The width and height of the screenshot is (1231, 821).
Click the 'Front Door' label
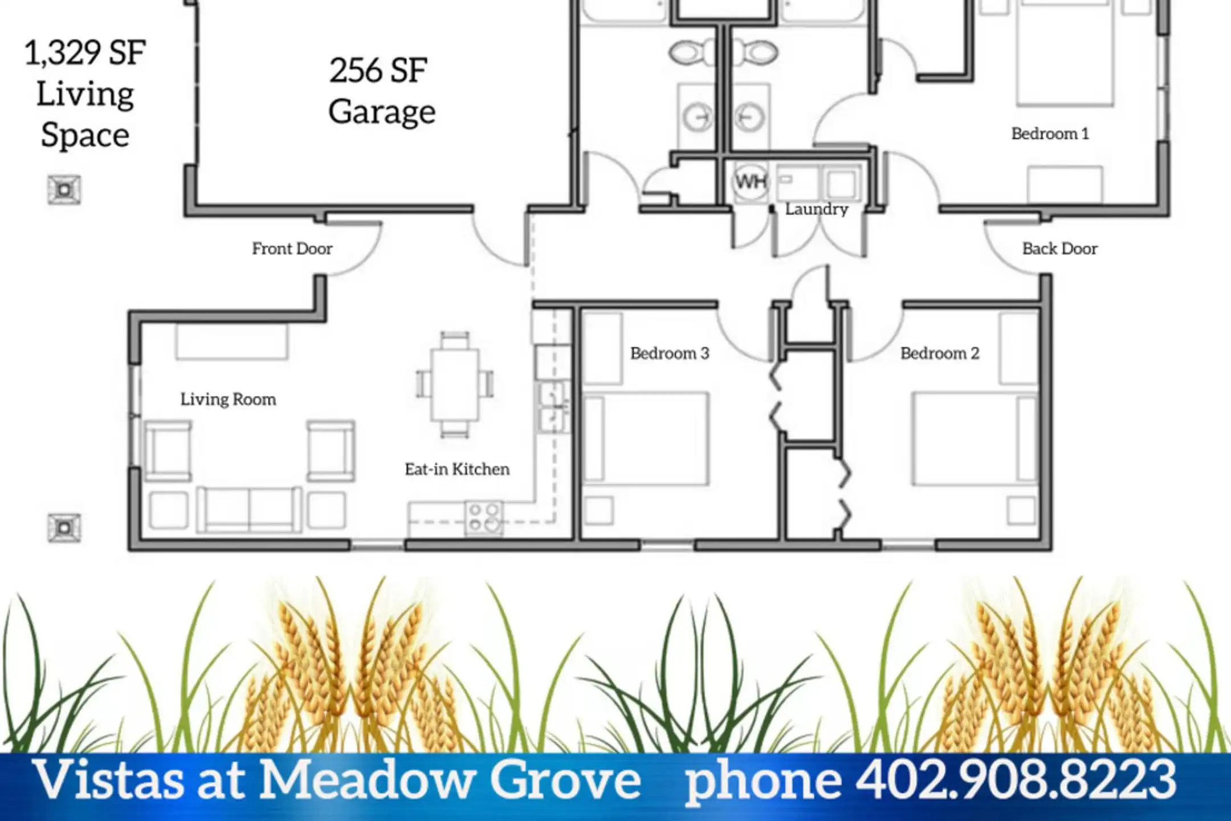292,249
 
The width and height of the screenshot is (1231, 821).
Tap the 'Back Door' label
1059,249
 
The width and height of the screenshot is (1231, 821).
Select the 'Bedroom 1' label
1050,133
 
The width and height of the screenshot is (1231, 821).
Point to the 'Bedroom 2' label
940,353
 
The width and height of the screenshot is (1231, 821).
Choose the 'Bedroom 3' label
670,353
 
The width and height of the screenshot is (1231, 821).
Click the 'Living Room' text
228,399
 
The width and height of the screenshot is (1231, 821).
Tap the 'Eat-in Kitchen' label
457,469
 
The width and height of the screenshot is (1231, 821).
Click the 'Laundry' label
817,210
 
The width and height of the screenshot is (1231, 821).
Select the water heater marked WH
751,182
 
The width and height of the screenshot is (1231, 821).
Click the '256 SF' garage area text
378,71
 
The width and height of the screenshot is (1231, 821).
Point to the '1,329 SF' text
85,52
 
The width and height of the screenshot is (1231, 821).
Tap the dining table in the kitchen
454,385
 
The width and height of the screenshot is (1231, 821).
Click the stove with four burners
484,518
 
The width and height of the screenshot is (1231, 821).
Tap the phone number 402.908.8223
1016,779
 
